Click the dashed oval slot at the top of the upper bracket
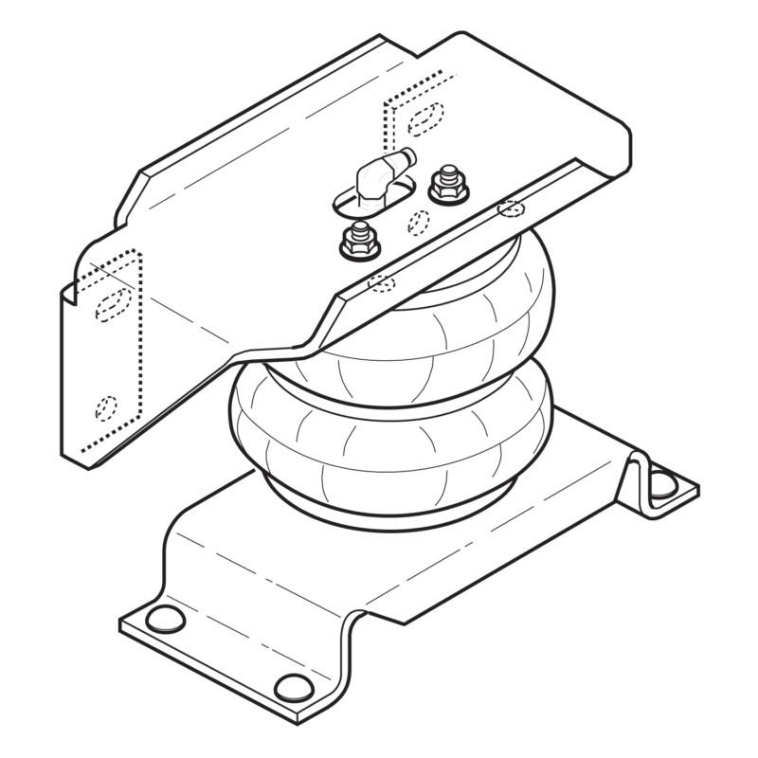tap(424, 117)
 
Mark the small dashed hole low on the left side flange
tap(106, 407)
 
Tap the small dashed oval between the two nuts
tap(418, 222)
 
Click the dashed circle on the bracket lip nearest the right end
tap(511, 207)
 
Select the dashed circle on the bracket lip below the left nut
tap(381, 281)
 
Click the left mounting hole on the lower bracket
tap(166, 620)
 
